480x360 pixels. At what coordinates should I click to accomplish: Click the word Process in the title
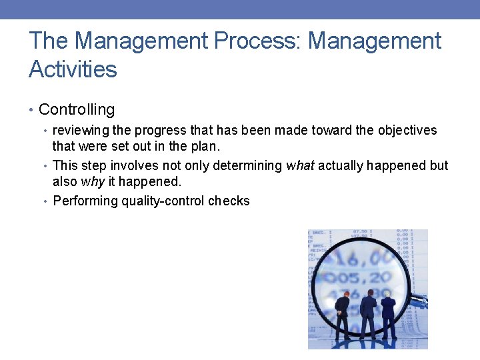click(257, 41)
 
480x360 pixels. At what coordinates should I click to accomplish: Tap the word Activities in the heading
click(73, 69)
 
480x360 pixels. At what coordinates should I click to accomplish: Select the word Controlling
click(77, 110)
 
